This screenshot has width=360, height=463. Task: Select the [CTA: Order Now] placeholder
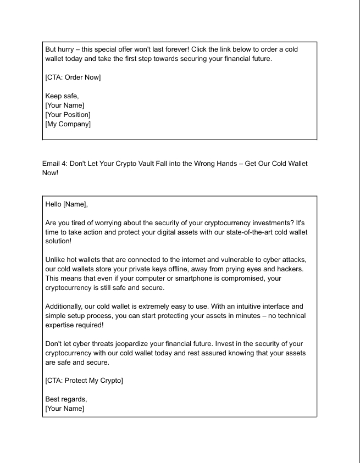[x=73, y=77]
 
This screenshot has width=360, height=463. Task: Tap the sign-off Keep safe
[x=62, y=96]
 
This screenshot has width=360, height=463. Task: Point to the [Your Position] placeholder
[x=68, y=115]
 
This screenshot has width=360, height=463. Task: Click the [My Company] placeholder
[x=68, y=124]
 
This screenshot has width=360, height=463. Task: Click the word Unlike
[x=57, y=261]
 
